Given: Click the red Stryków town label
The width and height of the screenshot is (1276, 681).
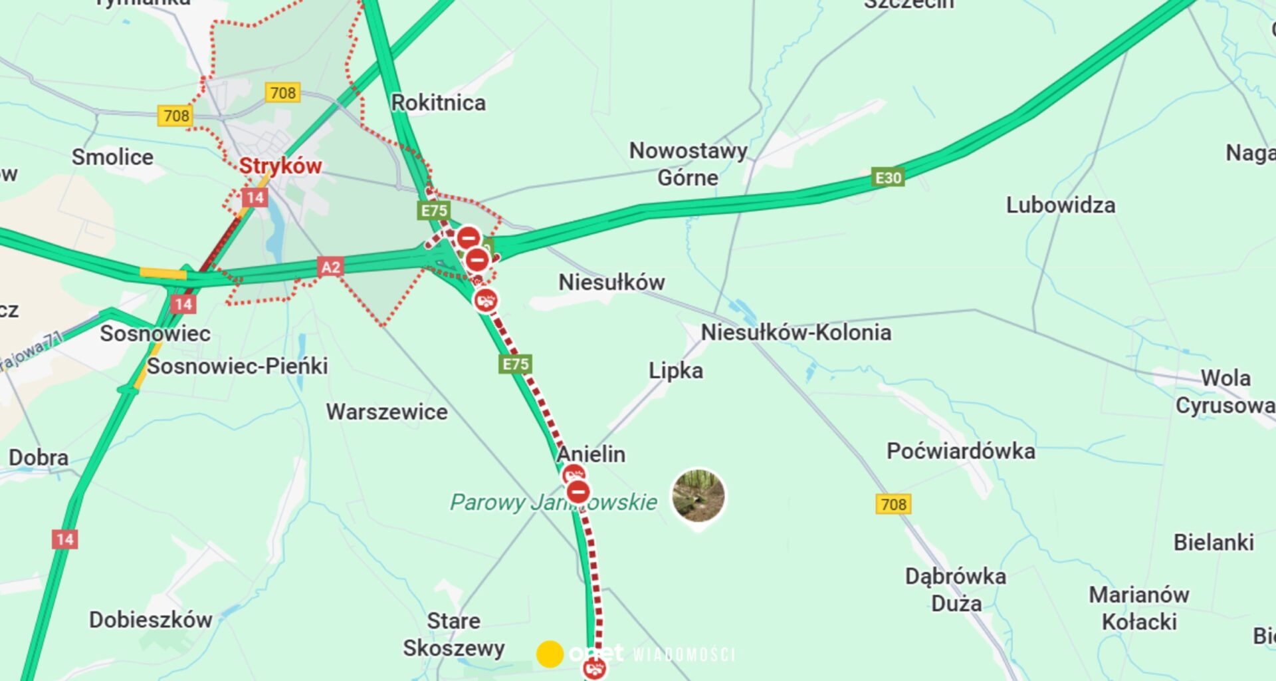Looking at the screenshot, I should [280, 166].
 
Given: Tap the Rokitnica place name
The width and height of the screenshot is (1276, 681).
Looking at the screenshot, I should [438, 103].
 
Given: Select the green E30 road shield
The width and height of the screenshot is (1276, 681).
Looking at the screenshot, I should [888, 178].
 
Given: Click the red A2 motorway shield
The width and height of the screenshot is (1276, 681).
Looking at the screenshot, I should [330, 267].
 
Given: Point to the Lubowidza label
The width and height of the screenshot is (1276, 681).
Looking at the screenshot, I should [1060, 205].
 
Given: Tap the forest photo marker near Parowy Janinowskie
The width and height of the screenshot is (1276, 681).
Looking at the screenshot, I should [698, 495].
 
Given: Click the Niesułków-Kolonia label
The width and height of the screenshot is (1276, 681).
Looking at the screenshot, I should [796, 333].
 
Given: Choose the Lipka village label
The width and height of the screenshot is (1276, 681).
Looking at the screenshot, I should [675, 370].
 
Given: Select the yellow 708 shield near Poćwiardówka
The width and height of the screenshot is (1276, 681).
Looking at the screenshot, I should [893, 504].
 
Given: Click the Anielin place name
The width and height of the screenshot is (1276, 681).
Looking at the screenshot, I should [591, 454].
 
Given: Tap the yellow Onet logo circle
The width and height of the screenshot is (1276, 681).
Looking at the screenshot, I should [550, 654].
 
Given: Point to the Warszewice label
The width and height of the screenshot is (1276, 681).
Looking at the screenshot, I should [386, 412].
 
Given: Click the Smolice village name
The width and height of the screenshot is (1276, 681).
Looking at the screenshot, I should [112, 157].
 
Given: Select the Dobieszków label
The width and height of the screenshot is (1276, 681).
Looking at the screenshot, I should [150, 620].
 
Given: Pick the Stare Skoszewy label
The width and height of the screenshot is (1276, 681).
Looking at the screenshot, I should [453, 634].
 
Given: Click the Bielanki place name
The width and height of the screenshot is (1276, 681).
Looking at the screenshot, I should [1213, 542].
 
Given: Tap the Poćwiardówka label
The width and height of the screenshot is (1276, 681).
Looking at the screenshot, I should [960, 452].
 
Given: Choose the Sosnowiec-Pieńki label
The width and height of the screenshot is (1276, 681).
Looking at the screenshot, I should [237, 366].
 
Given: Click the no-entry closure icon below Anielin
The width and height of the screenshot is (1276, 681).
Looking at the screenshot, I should [578, 493].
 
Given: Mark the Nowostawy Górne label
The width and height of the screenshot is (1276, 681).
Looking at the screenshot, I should [688, 164].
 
